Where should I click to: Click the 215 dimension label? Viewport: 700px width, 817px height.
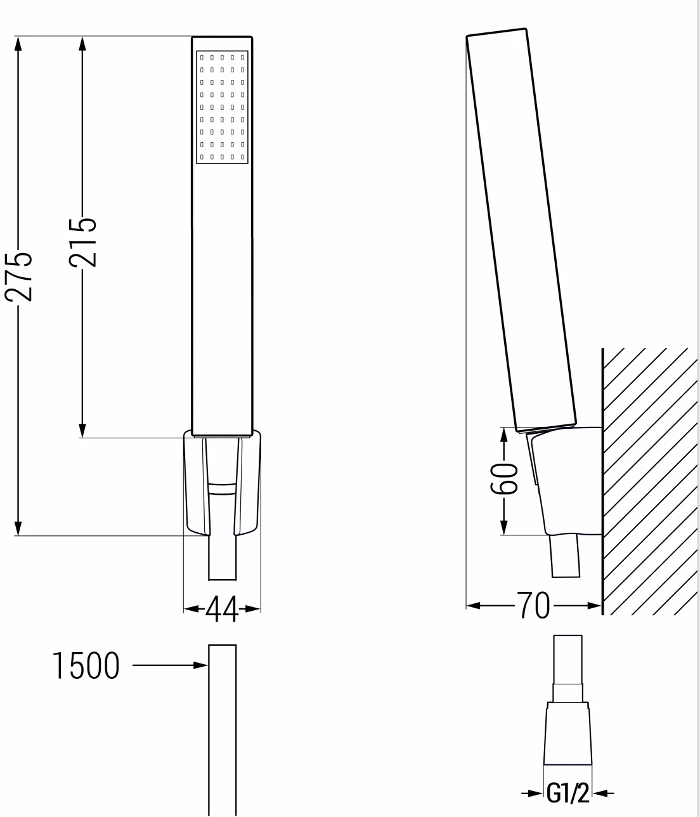pyautogui.click(x=82, y=242)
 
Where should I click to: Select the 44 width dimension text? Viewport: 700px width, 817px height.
pyautogui.click(x=222, y=609)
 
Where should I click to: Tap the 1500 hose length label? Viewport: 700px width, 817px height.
pyautogui.click(x=86, y=666)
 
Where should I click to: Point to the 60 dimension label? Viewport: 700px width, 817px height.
pyautogui.click(x=504, y=479)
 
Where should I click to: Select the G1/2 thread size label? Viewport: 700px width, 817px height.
pyautogui.click(x=568, y=793)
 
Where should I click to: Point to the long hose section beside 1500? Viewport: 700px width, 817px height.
pyautogui.click(x=222, y=729)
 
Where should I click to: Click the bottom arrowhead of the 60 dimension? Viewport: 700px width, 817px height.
pyautogui.click(x=503, y=527)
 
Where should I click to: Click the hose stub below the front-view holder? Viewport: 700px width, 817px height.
pyautogui.click(x=223, y=558)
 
